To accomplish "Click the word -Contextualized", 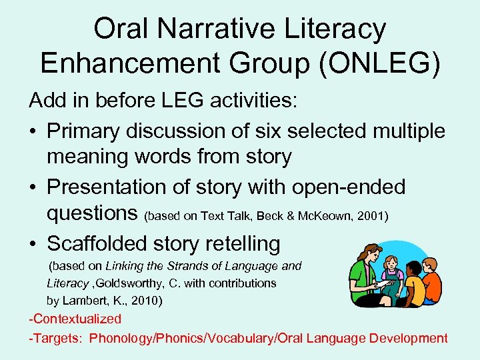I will click(x=75, y=319).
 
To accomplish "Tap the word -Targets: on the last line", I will click(x=55, y=338).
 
